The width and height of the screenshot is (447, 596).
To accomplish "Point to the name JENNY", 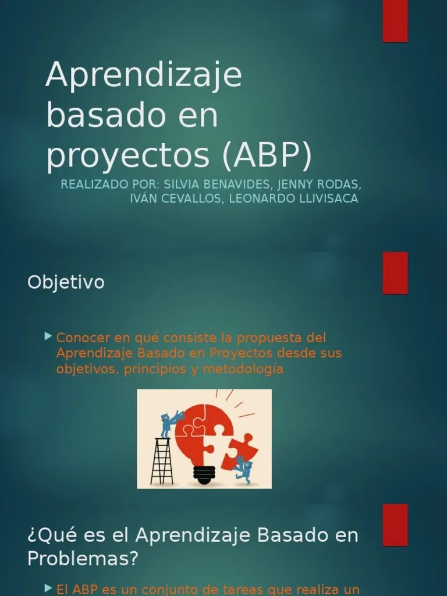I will [x=296, y=185].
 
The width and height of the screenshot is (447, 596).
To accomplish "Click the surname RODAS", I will [x=340, y=185].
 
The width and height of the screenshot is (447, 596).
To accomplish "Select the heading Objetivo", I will [x=66, y=282].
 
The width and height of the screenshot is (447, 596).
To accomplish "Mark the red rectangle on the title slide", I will [x=395, y=21].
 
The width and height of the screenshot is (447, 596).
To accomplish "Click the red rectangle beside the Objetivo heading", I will [x=395, y=273].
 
